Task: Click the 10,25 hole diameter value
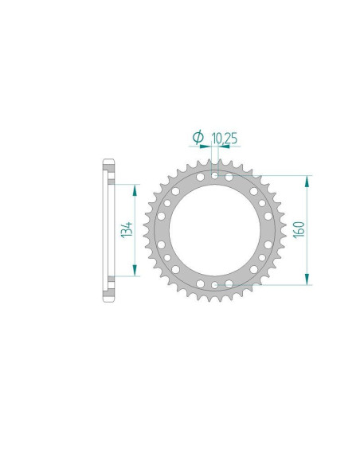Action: pyautogui.click(x=225, y=139)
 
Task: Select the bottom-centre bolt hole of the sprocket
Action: pyautogui.click(x=213, y=283)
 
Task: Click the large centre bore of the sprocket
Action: pyautogui.click(x=213, y=230)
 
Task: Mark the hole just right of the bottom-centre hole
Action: pyautogui.click(x=229, y=282)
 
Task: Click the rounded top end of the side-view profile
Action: pyautogui.click(x=109, y=164)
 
